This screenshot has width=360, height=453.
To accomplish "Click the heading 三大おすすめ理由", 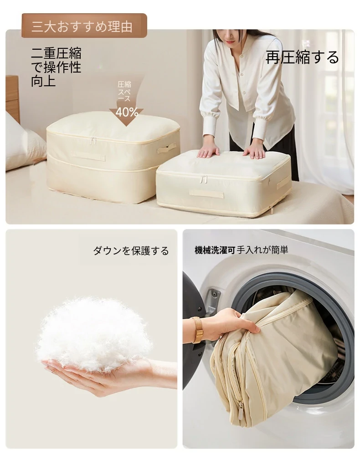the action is pos(82,27).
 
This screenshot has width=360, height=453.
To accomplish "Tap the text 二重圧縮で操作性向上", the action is pos(57,67).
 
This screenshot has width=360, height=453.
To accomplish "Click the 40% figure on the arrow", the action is pos(127,112).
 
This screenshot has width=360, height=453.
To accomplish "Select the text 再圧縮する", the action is pos(302,57).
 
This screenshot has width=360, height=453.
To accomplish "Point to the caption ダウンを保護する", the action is pos(131,250).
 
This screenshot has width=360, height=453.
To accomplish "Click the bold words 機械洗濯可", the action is pos(215,250).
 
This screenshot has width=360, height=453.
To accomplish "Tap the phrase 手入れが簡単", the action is pos(262,250).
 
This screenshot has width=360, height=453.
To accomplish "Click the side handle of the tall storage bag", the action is pos(167,148).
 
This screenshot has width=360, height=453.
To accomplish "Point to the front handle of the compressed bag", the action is pos(206,193).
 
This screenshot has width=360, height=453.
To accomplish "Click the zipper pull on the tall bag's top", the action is pos(93,141).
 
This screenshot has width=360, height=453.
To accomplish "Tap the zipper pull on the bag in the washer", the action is pos(241,409).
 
